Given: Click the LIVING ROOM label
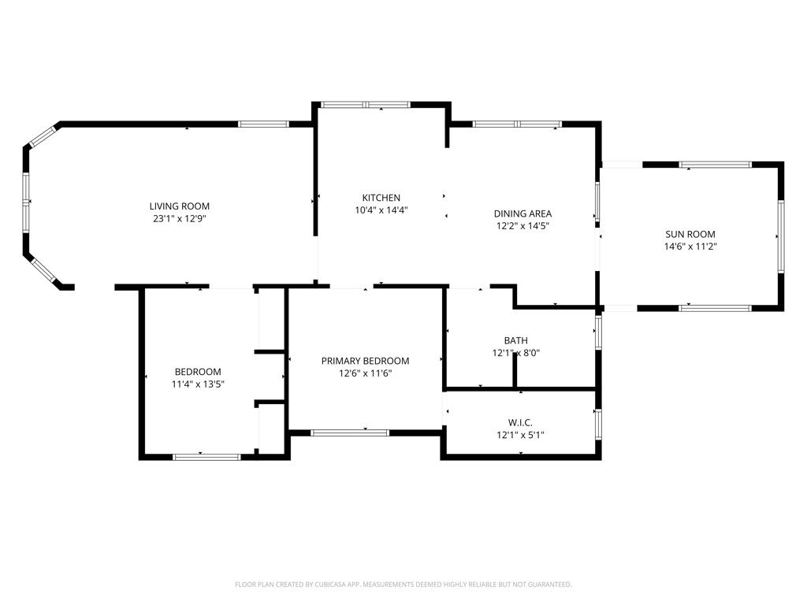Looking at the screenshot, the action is [179, 206].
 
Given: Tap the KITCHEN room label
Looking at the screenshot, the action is [381, 198].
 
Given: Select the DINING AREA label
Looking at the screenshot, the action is [523, 213].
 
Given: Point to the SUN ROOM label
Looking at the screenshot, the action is [690, 234].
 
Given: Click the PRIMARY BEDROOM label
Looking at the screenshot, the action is [365, 361].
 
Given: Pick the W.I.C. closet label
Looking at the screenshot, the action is [520, 423].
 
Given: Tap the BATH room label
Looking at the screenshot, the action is [515, 340].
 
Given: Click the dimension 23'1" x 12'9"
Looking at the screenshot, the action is [179, 219].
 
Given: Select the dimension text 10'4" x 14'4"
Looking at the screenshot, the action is [381, 210].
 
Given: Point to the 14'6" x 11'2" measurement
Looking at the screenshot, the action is [690, 247].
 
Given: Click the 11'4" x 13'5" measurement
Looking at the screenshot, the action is [198, 384].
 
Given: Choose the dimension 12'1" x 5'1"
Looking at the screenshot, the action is [520, 435].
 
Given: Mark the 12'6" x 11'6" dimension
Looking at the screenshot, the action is [365, 373].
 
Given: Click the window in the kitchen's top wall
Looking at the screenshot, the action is [366, 105].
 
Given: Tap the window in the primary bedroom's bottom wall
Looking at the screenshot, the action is [350, 433].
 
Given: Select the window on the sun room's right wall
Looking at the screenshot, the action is [781, 236].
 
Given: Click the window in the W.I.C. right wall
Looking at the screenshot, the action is [598, 424].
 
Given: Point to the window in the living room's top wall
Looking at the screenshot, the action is [263, 124].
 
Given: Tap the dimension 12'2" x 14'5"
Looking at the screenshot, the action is [523, 226].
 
